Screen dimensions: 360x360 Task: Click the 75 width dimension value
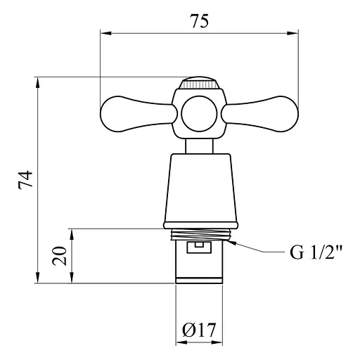coord(199,21)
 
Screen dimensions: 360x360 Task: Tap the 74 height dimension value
coord(25,180)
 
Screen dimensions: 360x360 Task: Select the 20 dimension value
coord(59,256)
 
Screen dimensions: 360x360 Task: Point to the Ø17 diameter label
coord(199,330)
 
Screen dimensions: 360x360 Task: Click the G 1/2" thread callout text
coord(316,252)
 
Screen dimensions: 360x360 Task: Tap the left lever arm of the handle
coord(139,114)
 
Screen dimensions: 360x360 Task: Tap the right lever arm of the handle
coord(260,114)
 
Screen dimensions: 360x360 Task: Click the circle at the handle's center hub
coord(199,114)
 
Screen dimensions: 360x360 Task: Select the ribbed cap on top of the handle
coord(199,83)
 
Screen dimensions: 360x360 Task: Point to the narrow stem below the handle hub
coord(199,146)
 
